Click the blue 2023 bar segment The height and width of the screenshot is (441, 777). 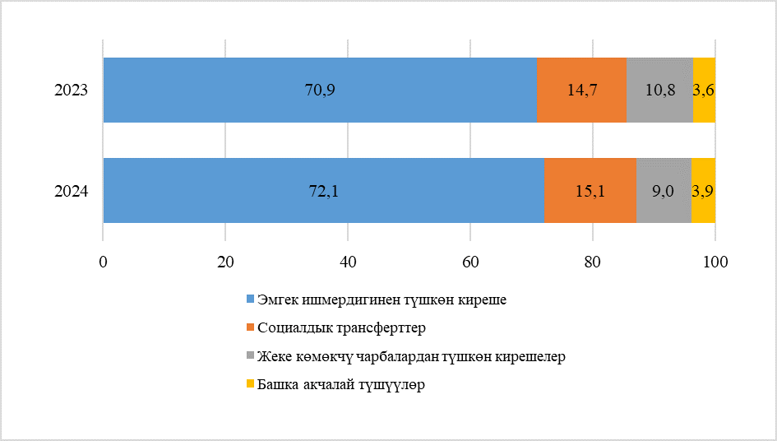pos(320,90)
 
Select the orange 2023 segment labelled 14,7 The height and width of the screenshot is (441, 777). pos(581,90)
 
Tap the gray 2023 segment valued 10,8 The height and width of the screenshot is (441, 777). pos(659,90)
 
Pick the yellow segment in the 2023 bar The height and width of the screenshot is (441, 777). pos(704,90)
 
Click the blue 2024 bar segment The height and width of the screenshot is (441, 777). pos(323,190)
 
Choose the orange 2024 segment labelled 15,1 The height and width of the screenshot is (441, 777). pos(590,190)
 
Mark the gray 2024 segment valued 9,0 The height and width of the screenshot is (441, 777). pos(664,190)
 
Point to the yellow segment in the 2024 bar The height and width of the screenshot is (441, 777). pos(703,190)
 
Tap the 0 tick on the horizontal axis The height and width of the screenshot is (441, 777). pos(103,262)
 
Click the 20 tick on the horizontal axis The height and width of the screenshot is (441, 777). pos(225,262)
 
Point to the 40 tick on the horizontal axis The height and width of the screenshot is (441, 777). pos(348,262)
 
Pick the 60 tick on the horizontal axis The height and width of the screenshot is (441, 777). pos(470,262)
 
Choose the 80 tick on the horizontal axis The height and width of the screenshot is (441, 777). pos(593,262)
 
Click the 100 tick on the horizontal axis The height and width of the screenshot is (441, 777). pos(715,262)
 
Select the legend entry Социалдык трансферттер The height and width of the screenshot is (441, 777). pos(340,328)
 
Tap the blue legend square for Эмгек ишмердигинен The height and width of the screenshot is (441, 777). pos(251,299)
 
